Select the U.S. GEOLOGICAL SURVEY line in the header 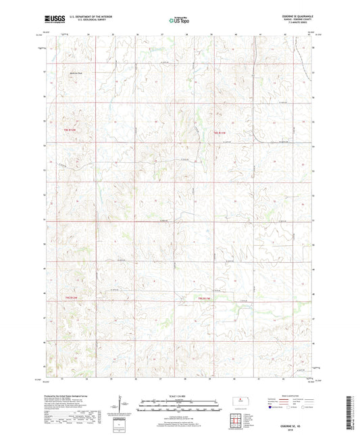76,21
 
